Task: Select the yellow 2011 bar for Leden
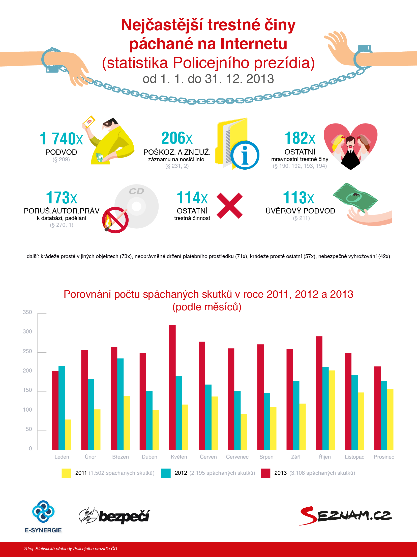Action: (68, 435)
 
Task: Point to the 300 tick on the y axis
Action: (27, 332)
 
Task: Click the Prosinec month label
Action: (384, 457)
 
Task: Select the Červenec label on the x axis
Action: (237, 457)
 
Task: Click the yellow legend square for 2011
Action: (66, 473)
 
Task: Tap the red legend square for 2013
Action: (265, 473)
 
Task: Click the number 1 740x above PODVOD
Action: (61, 139)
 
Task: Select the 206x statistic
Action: (177, 138)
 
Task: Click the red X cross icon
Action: (230, 206)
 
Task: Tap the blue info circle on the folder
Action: (245, 155)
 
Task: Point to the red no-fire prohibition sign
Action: (115, 220)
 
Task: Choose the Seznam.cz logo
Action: (346, 516)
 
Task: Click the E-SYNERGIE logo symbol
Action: (43, 512)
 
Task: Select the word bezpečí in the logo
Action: (124, 516)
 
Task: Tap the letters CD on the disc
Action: (136, 191)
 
